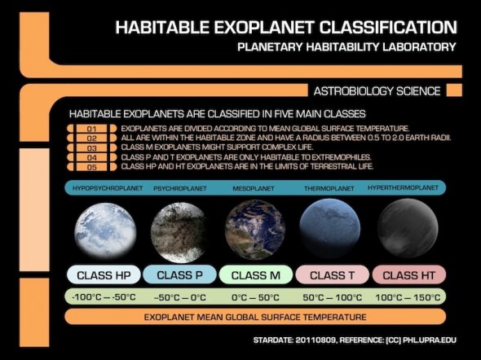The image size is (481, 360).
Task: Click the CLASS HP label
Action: pos(104,274)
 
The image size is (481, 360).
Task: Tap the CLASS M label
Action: pos(255,274)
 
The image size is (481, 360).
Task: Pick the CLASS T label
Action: pos(332,274)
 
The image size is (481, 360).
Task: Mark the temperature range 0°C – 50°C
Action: pos(255,296)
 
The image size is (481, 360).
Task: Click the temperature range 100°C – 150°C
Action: pos(408,296)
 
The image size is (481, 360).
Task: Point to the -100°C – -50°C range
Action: pos(104,296)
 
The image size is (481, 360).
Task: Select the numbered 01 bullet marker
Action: pos(91,129)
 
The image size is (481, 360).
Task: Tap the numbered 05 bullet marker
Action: pos(91,166)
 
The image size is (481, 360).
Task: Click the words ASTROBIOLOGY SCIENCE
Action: pos(377,90)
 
